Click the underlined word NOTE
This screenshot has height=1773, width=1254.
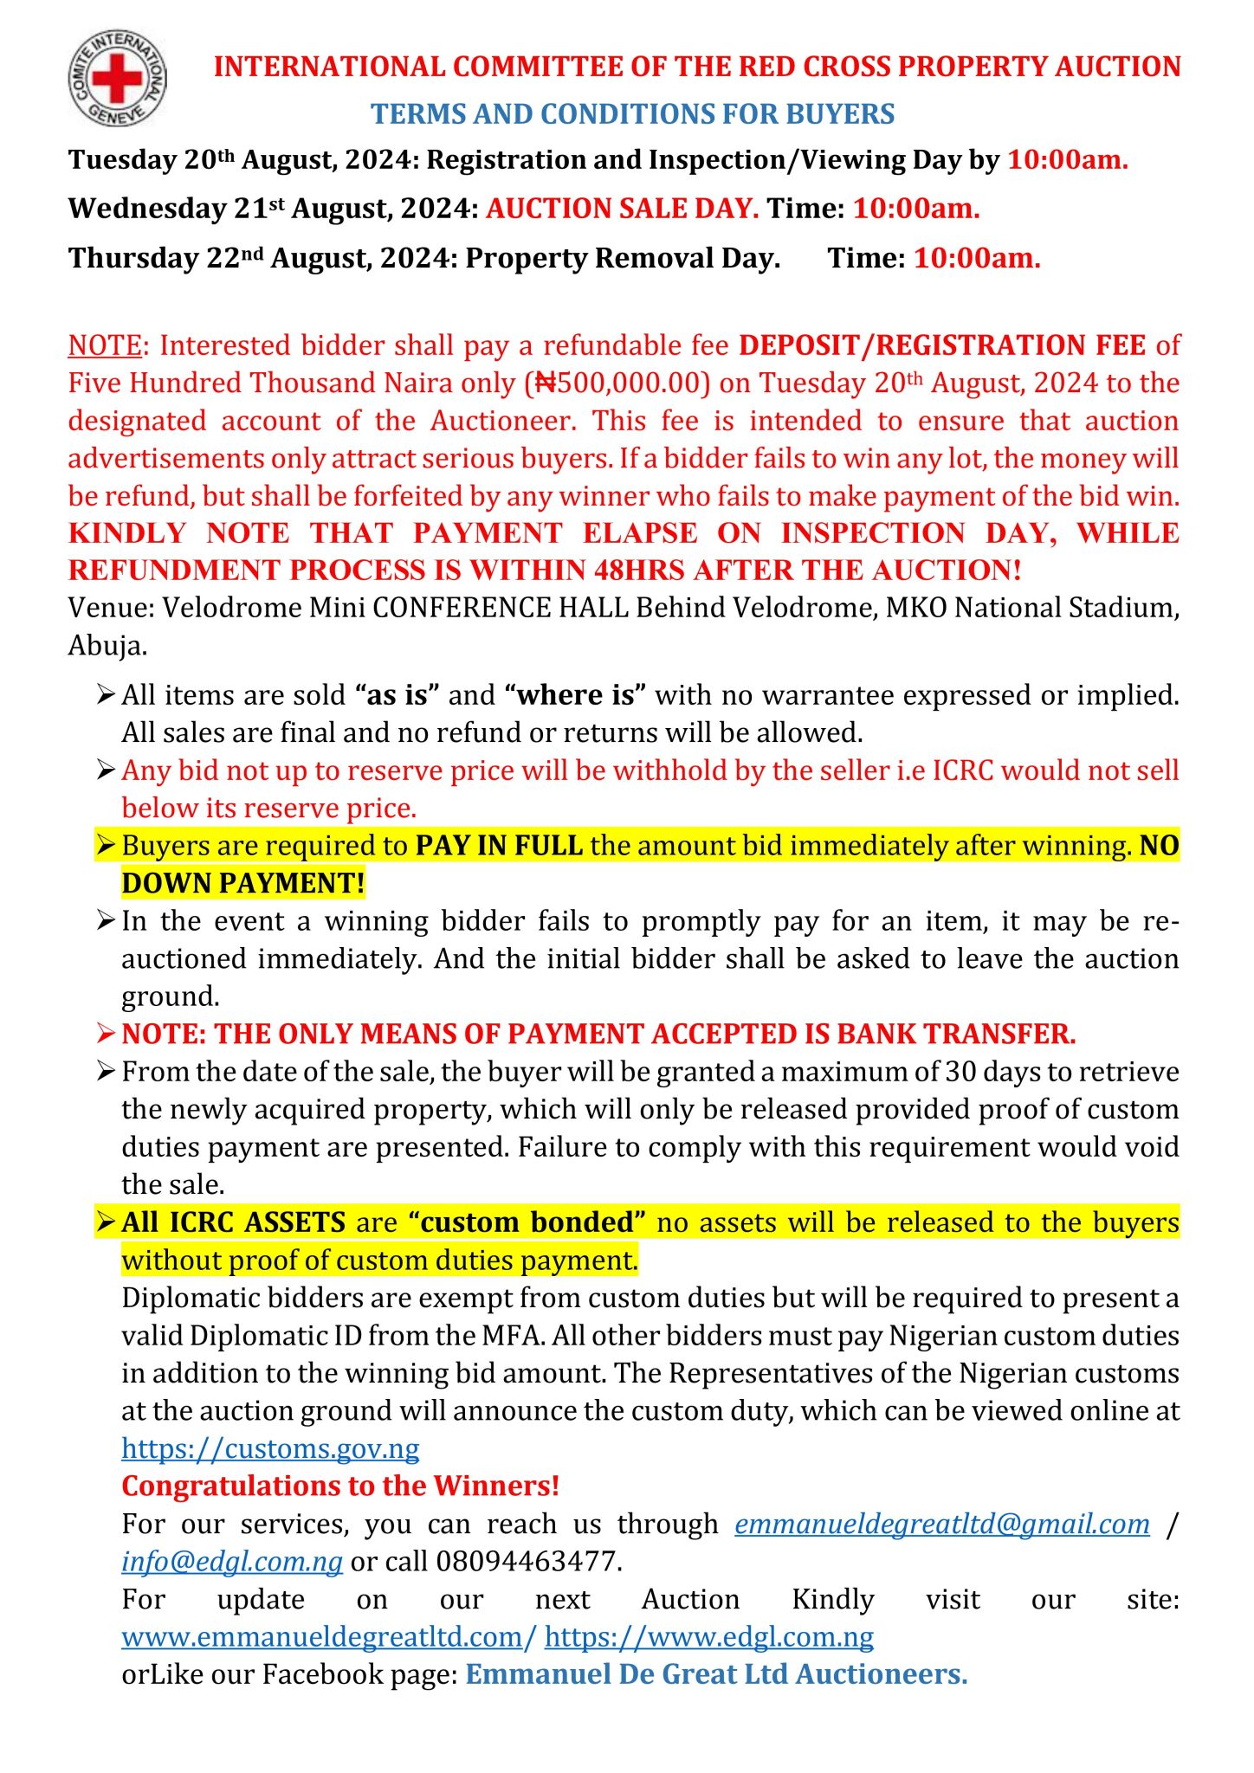[x=105, y=345]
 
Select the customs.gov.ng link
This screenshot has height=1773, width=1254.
[x=270, y=1448]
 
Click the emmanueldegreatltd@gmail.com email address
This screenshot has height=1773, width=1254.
[x=942, y=1524]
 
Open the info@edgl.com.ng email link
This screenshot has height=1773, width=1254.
[x=232, y=1562]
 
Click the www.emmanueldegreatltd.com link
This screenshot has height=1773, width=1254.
[x=329, y=1637]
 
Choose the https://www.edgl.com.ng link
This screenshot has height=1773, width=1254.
[x=709, y=1637]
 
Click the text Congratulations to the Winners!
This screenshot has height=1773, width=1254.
[x=340, y=1486]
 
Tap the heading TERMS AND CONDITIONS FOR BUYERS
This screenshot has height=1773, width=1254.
[x=633, y=114]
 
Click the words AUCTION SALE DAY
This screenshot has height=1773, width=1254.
[x=623, y=209]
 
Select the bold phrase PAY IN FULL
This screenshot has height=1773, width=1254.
[x=499, y=846]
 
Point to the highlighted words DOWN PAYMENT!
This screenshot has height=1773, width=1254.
[x=243, y=883]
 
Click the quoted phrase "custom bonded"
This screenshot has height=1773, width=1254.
[x=527, y=1222]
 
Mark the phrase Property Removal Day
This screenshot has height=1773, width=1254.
[x=623, y=258]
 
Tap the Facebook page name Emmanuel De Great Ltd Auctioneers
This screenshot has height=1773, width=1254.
[x=716, y=1674]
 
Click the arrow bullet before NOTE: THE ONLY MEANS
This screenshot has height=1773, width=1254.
[x=106, y=1034]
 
